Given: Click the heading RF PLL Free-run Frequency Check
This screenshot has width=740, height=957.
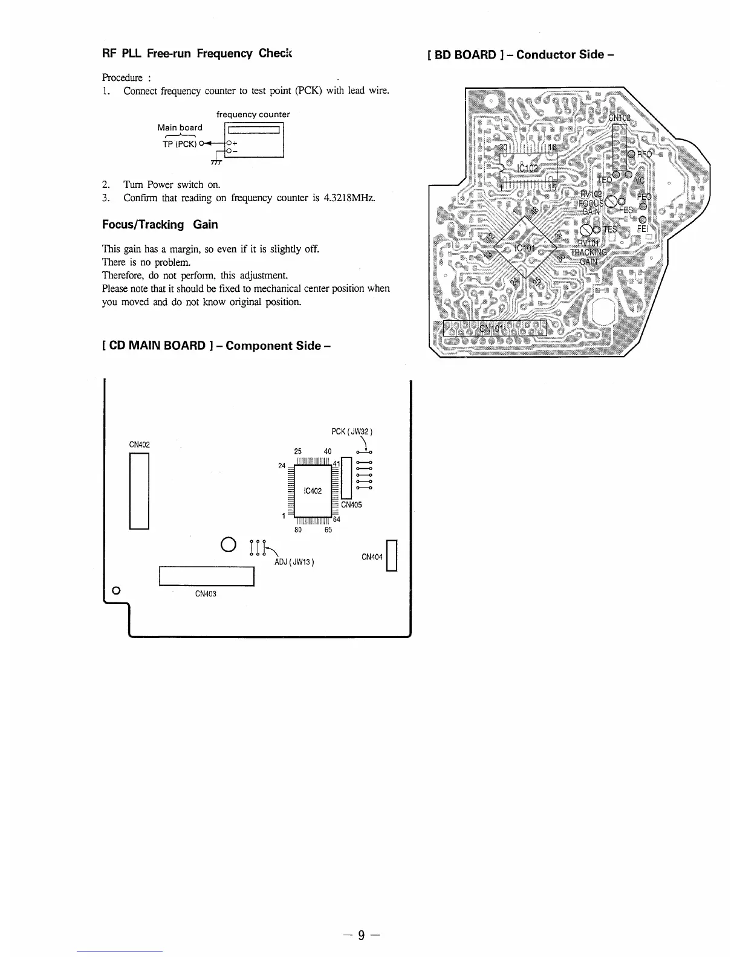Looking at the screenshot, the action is click(x=196, y=53).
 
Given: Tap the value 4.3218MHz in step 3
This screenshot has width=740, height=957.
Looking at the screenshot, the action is click(x=349, y=198).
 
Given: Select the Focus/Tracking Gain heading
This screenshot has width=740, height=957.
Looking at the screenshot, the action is click(x=160, y=225).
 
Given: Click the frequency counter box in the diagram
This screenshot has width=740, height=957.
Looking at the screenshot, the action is click(x=253, y=140).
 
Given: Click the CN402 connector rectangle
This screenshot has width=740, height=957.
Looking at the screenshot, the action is click(x=139, y=491).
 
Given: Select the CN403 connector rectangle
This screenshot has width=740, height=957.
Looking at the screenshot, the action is click(x=206, y=576).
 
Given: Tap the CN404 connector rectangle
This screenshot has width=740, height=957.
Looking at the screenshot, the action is click(x=391, y=556).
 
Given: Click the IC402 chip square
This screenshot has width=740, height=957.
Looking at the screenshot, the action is click(x=312, y=490).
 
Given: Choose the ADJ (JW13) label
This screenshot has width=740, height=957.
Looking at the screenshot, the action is click(x=293, y=562).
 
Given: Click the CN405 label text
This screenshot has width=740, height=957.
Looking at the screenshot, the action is click(x=352, y=505).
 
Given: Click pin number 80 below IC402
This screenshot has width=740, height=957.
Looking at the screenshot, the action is click(x=297, y=530).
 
